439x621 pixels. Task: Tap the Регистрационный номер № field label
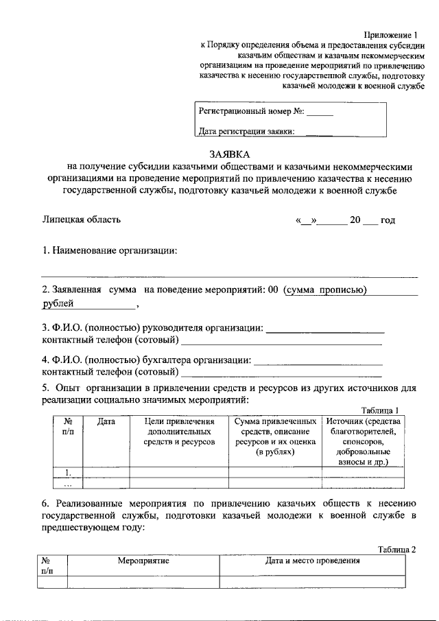pos(251,110)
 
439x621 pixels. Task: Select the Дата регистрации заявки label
pos(246,132)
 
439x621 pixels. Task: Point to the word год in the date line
pos(388,220)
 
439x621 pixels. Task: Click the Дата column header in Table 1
pos(106,421)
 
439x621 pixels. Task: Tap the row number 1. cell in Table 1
pos(68,472)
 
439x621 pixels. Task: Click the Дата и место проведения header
pos(312,561)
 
